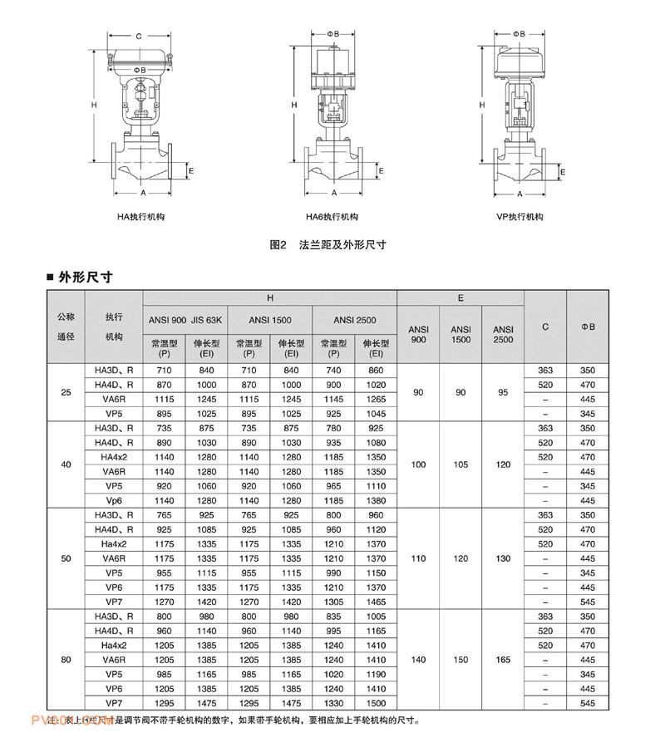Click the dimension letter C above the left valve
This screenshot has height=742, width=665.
click(138, 37)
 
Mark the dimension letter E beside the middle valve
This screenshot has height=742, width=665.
click(381, 170)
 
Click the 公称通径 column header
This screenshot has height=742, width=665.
click(66, 327)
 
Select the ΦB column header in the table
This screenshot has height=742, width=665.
click(588, 327)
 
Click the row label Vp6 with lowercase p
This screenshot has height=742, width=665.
click(114, 501)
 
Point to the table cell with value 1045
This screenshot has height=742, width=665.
click(376, 415)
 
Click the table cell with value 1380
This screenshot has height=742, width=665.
click(376, 501)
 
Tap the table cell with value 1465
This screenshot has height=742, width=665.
click(376, 602)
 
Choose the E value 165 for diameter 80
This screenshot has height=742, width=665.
click(503, 660)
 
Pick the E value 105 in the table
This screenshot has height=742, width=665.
click(461, 464)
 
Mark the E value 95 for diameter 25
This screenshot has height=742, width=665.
click(503, 392)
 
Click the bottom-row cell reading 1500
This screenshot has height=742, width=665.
click(376, 704)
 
